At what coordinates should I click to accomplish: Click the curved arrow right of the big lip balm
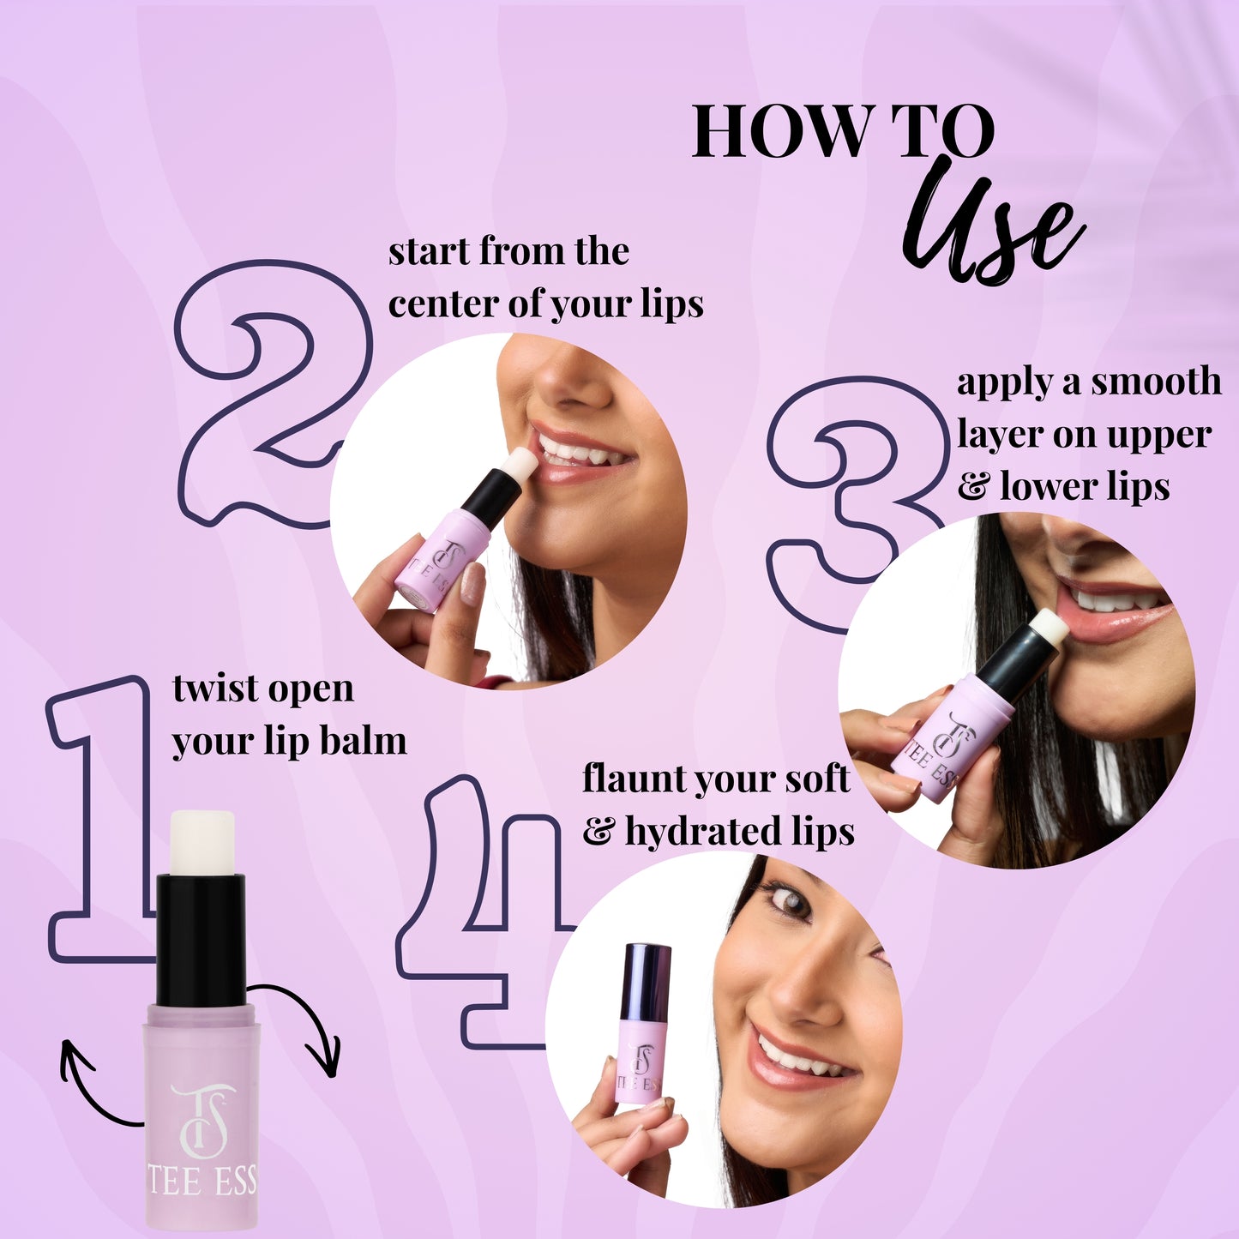tap(304, 1025)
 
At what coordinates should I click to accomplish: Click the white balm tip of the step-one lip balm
tap(202, 843)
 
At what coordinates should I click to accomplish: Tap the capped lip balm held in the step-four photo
tap(643, 1020)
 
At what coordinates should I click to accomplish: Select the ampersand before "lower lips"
tap(973, 487)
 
